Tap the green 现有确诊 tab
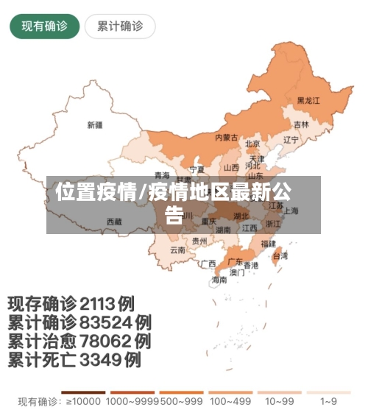coord(44,26)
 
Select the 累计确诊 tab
coord(120,26)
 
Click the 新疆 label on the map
coord(95,124)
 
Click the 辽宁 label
coord(291,139)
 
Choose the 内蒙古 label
coord(226,138)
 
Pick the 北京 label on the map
coord(252,144)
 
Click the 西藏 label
coord(114,221)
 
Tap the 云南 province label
coord(177,250)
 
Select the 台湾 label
coord(280,256)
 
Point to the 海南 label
coord(219,280)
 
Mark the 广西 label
coord(208,264)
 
